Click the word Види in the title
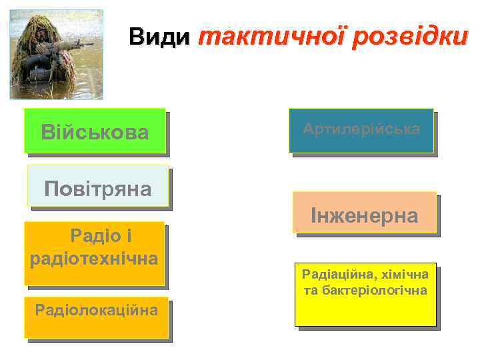[159, 37]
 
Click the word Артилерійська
[361, 129]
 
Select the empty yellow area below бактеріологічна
[365, 312]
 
